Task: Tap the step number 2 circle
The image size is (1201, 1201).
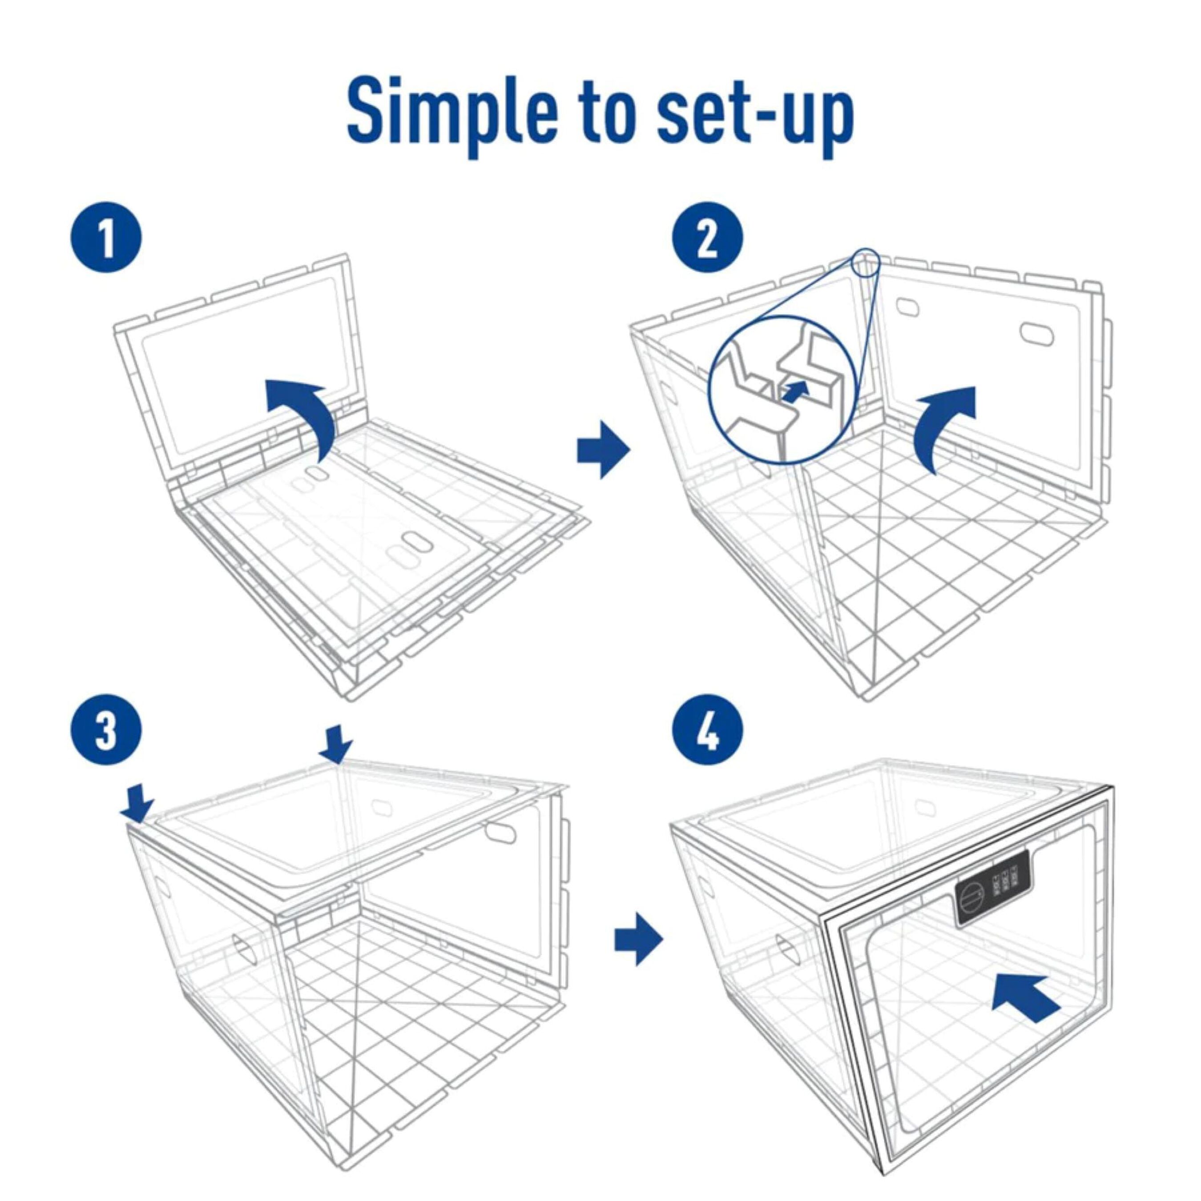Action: (709, 237)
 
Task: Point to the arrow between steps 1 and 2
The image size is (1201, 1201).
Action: (602, 449)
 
